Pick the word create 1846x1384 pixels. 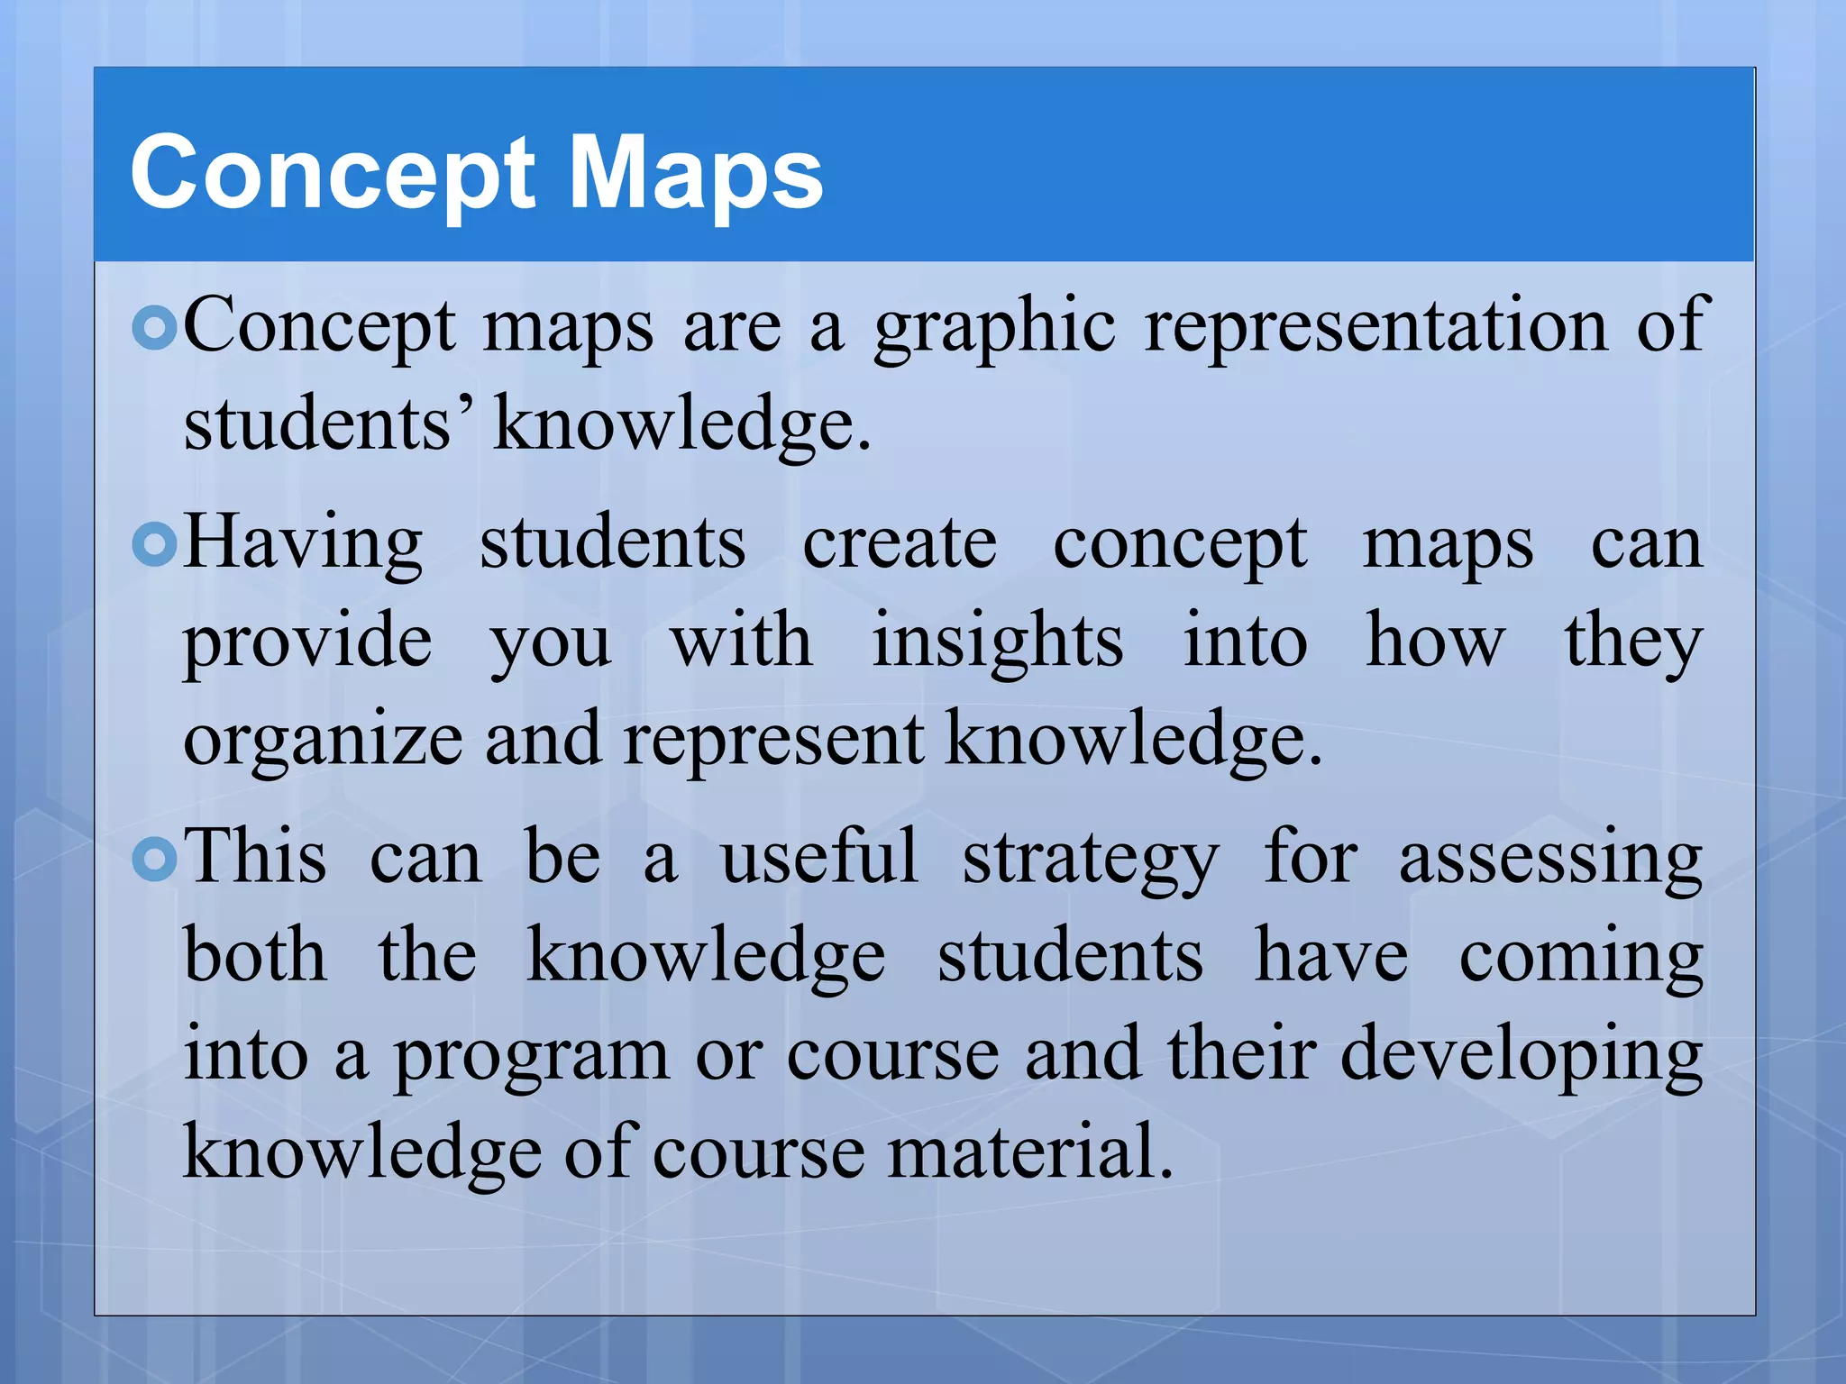tap(900, 543)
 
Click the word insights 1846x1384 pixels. tap(998, 642)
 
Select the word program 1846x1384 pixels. tap(532, 1056)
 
